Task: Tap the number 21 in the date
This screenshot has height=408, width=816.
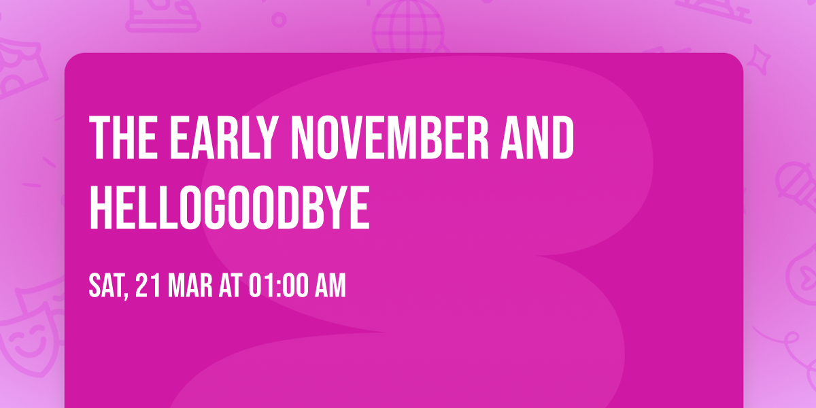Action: (148, 286)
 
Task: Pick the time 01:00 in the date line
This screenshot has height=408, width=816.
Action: (279, 286)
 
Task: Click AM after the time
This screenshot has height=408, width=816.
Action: (330, 286)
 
